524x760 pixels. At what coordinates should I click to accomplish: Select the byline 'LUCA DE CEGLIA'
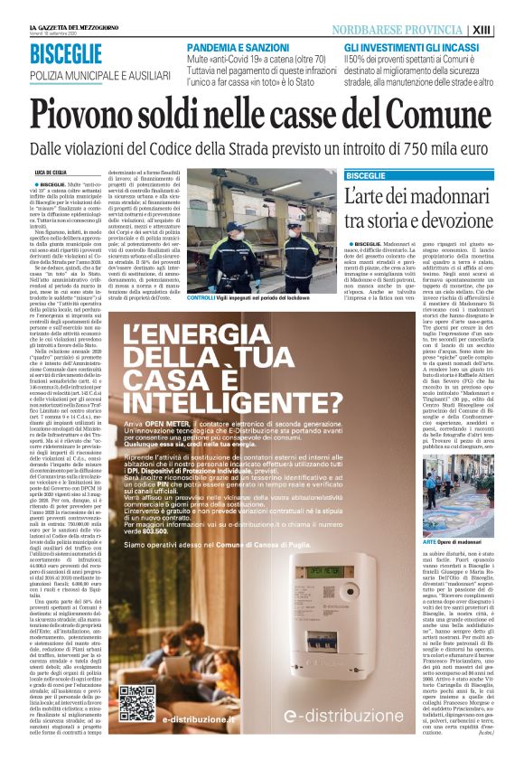point(51,172)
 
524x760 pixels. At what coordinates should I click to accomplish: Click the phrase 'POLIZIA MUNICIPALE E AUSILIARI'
point(99,76)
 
